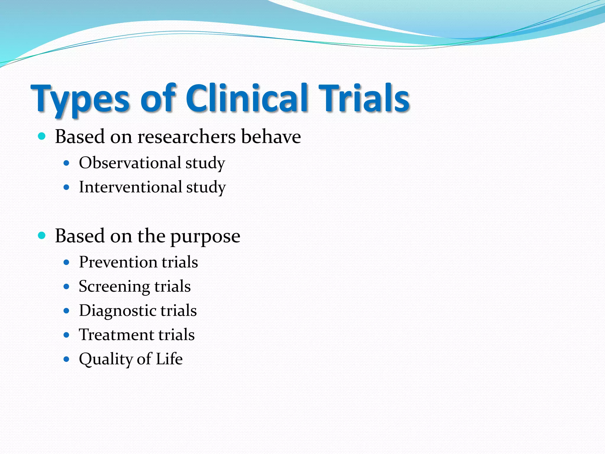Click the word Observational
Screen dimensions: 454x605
point(130,163)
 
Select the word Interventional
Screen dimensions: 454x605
point(130,187)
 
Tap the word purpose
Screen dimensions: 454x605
point(205,237)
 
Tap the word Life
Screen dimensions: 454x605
point(169,359)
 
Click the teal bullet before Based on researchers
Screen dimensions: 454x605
point(42,136)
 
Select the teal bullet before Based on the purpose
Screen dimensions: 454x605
point(42,236)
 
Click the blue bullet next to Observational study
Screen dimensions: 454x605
point(66,163)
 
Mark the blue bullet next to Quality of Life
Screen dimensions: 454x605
point(66,359)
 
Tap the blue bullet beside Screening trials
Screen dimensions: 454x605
point(66,286)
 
